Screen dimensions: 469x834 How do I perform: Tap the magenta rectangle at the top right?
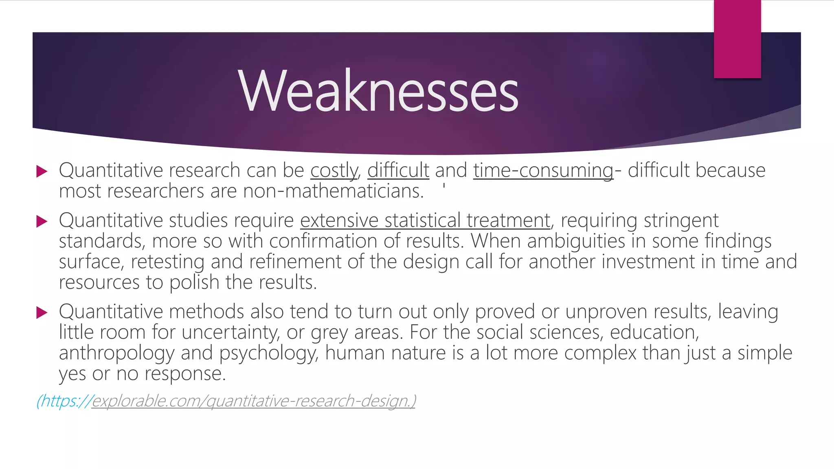737,39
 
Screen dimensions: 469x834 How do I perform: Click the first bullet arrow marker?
42,171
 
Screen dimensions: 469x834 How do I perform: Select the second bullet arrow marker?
42,221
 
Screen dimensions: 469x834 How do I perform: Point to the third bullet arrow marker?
42,313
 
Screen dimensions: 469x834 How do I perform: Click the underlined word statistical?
422,221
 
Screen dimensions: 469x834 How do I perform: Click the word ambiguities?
576,241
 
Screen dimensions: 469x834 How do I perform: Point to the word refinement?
295,262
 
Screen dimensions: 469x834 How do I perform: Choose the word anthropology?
116,353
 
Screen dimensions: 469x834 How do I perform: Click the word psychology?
269,353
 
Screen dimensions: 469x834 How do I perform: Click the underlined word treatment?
509,221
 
